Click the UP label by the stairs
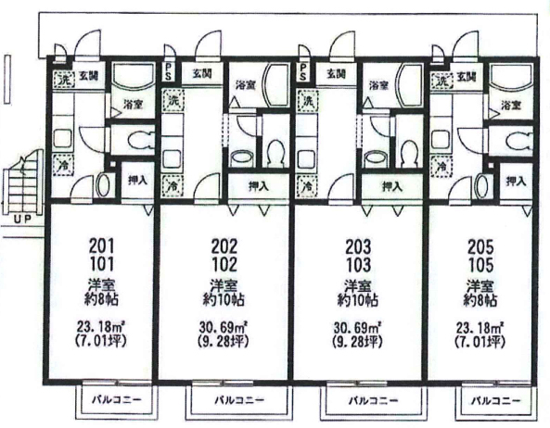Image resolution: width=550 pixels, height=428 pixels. (23, 220)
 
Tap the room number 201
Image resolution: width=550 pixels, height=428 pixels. (102, 246)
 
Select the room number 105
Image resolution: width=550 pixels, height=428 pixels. (480, 265)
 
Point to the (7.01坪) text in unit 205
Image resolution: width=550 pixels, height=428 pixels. (480, 341)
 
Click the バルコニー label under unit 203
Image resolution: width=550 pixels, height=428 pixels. (373, 400)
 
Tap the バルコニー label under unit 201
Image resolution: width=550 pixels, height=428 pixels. (117, 399)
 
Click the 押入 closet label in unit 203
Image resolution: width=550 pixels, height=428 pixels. (391, 186)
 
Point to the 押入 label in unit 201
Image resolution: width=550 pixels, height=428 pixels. (137, 180)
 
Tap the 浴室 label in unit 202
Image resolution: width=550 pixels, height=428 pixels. (246, 84)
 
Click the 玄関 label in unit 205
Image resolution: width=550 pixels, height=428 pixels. (467, 76)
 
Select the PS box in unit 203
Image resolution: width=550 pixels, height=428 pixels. (303, 72)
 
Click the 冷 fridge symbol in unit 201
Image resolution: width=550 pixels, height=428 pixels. (63, 165)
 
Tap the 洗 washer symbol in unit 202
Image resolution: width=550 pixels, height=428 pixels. (173, 100)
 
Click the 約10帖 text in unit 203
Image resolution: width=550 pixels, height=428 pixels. (357, 300)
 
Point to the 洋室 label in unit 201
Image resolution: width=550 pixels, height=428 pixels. (101, 285)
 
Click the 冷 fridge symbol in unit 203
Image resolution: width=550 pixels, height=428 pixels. (307, 185)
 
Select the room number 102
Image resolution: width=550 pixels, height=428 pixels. (224, 264)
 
